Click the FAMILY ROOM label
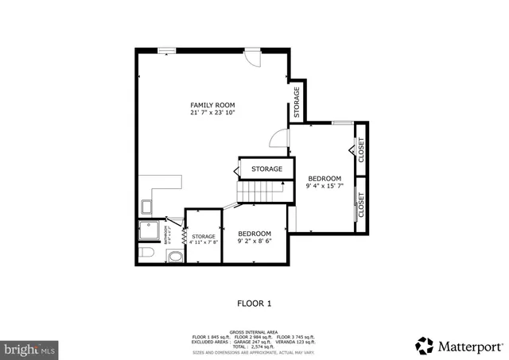tap(212, 105)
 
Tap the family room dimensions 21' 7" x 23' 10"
tap(212, 113)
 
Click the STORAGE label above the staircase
tap(266, 169)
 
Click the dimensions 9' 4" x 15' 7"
tap(324, 186)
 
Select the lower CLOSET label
tap(361, 206)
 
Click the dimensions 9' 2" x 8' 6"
tap(254, 241)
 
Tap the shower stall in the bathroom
tap(150, 230)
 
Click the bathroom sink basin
tap(175, 256)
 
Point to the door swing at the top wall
tap(251, 58)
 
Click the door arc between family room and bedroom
tap(278, 138)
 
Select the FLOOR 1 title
tap(254, 303)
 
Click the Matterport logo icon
tap(425, 346)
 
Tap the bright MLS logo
tap(29, 349)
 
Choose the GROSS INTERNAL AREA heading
tap(254, 332)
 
